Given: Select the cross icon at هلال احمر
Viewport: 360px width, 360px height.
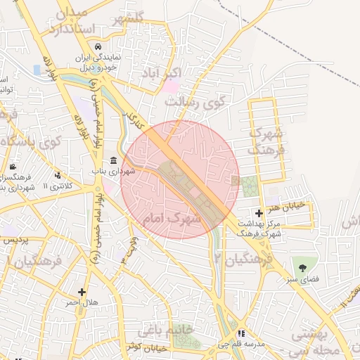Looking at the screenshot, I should click(x=82, y=292).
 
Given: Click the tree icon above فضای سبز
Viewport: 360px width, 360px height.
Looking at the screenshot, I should click(x=303, y=268).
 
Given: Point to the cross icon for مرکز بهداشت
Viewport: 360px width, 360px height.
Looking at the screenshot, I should click(x=259, y=212).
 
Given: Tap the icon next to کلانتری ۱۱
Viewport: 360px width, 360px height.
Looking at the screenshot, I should click(x=58, y=175).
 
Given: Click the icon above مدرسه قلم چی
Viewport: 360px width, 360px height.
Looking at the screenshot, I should click(x=242, y=333).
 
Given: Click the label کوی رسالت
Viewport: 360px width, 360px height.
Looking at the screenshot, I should click(x=195, y=103).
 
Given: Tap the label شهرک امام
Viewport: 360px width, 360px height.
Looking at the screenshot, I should click(x=172, y=219).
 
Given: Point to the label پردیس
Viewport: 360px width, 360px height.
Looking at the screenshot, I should click(x=18, y=240).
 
